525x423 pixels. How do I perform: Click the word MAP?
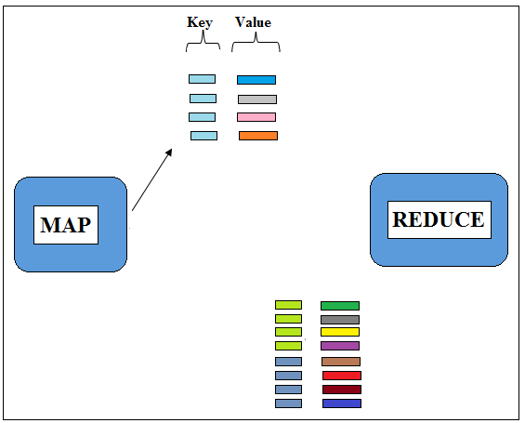(66, 225)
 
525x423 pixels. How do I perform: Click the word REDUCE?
(439, 219)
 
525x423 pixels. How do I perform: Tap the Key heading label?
(200, 22)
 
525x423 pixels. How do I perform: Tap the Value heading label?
(253, 22)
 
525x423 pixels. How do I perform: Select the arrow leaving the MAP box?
(152, 179)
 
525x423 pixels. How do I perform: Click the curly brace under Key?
(203, 42)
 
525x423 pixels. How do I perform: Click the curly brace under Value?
(256, 43)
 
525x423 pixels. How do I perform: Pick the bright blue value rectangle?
(256, 80)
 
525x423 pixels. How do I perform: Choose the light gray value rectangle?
(257, 99)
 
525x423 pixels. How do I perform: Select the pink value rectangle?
(256, 117)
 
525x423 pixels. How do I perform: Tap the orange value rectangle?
(258, 136)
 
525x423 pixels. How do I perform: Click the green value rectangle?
(340, 306)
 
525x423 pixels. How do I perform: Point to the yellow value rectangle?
(340, 332)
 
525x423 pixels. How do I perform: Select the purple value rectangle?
(340, 346)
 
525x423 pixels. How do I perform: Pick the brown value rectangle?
(341, 362)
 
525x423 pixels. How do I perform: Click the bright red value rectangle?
(342, 376)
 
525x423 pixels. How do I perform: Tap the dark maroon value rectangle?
(342, 390)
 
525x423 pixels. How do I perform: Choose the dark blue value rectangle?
(342, 403)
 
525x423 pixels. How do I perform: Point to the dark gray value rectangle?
(340, 320)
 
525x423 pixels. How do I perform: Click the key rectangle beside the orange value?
(203, 136)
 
